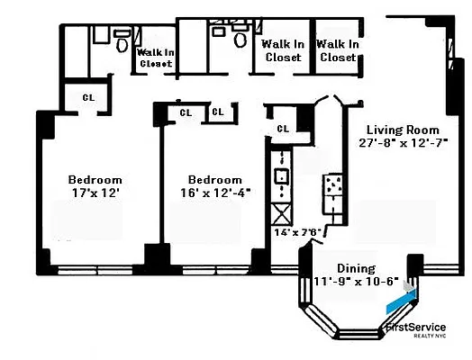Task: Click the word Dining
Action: pyautogui.click(x=356, y=268)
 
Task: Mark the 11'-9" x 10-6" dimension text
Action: pyautogui.click(x=356, y=281)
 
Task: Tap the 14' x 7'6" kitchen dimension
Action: pyautogui.click(x=297, y=231)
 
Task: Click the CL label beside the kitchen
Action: pyautogui.click(x=284, y=128)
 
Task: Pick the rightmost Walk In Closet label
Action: pyautogui.click(x=338, y=50)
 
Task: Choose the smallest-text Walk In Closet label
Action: pyautogui.click(x=154, y=58)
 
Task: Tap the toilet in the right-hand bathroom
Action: pyautogui.click(x=241, y=39)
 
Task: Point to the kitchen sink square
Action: pyautogui.click(x=281, y=175)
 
